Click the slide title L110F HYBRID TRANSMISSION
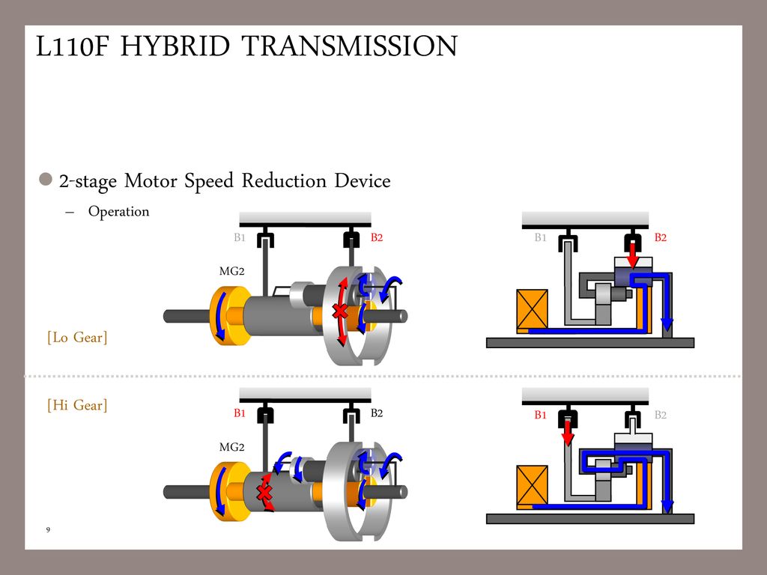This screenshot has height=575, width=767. [246, 47]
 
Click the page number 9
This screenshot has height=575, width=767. [48, 530]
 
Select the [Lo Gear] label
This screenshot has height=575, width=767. [77, 338]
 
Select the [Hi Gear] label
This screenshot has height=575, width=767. [77, 406]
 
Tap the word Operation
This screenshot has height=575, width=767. [118, 212]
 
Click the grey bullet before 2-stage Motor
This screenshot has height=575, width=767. [46, 180]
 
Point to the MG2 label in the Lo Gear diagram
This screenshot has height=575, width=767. [231, 271]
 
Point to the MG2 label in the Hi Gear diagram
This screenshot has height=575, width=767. [231, 447]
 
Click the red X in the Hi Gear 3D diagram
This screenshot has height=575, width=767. [264, 492]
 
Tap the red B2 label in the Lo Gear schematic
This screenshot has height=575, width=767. [660, 238]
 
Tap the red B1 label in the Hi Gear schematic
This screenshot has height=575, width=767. [540, 415]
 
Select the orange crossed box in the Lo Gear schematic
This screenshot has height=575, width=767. [533, 308]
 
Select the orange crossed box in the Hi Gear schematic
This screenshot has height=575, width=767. [533, 485]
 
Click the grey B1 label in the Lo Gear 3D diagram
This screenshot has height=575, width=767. [240, 238]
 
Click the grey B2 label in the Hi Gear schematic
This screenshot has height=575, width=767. [660, 415]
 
